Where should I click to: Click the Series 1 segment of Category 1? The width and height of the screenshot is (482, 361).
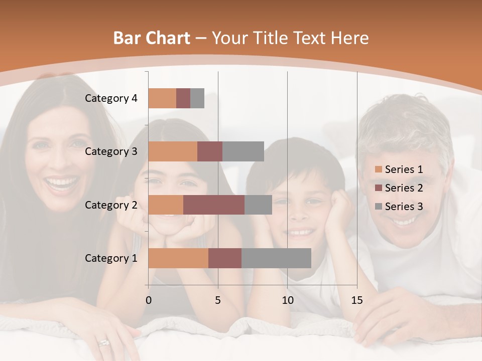pos(178,258)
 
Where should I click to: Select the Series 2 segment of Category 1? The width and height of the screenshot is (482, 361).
pos(225,258)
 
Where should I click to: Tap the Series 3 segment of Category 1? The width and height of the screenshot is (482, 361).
pos(276,258)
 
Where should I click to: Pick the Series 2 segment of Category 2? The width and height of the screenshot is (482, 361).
pos(214,205)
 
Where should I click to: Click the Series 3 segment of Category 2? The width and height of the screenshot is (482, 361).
pos(258,205)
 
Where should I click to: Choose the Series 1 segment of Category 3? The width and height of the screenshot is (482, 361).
pos(173,151)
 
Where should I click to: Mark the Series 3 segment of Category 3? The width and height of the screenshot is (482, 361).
pos(243,151)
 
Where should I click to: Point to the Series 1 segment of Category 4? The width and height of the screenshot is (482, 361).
pos(162,98)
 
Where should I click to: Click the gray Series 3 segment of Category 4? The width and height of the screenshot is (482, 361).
pos(197,98)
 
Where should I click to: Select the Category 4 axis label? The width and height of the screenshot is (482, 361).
pos(111,98)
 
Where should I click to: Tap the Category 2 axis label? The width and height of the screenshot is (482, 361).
pos(111,205)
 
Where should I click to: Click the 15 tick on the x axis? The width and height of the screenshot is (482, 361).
pos(356,300)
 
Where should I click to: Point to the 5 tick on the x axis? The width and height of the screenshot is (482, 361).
pos(218,300)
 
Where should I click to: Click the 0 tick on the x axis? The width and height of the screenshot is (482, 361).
pos(149,300)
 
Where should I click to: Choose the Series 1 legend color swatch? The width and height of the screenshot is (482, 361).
pos(379,169)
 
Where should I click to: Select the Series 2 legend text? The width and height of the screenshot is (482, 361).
pos(404,188)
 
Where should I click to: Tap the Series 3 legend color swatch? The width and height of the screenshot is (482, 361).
pos(379,207)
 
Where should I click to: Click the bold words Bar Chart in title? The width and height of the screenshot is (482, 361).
pos(152,38)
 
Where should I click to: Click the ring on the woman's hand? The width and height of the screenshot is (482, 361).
pos(104,343)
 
